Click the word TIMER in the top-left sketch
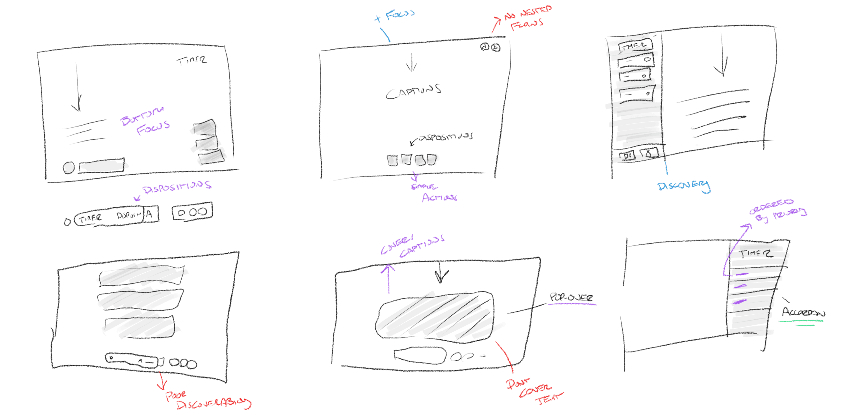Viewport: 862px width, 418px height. [191, 61]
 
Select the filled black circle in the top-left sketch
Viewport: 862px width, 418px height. [69, 168]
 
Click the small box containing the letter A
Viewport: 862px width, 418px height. [150, 214]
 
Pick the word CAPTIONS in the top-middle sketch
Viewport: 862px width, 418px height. [414, 92]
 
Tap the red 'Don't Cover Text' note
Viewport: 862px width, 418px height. [534, 392]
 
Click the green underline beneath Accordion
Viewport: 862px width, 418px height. [801, 322]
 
